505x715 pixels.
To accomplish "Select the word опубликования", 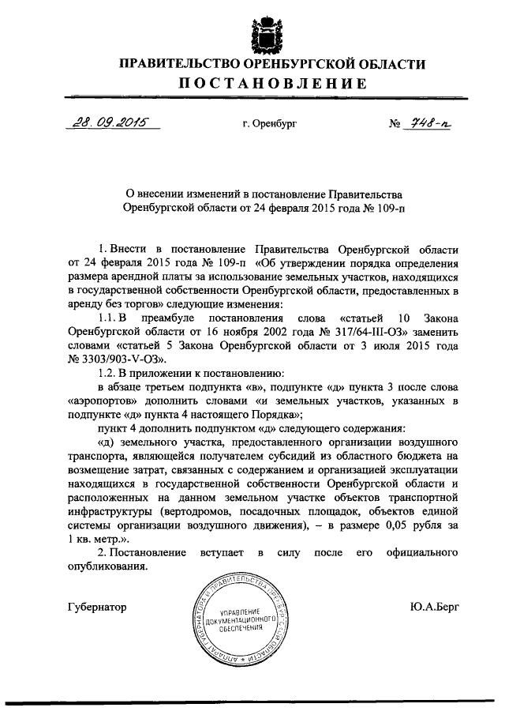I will [107, 566].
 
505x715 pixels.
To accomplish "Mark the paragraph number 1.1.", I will [107, 319].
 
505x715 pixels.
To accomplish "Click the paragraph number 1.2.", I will [107, 373].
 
